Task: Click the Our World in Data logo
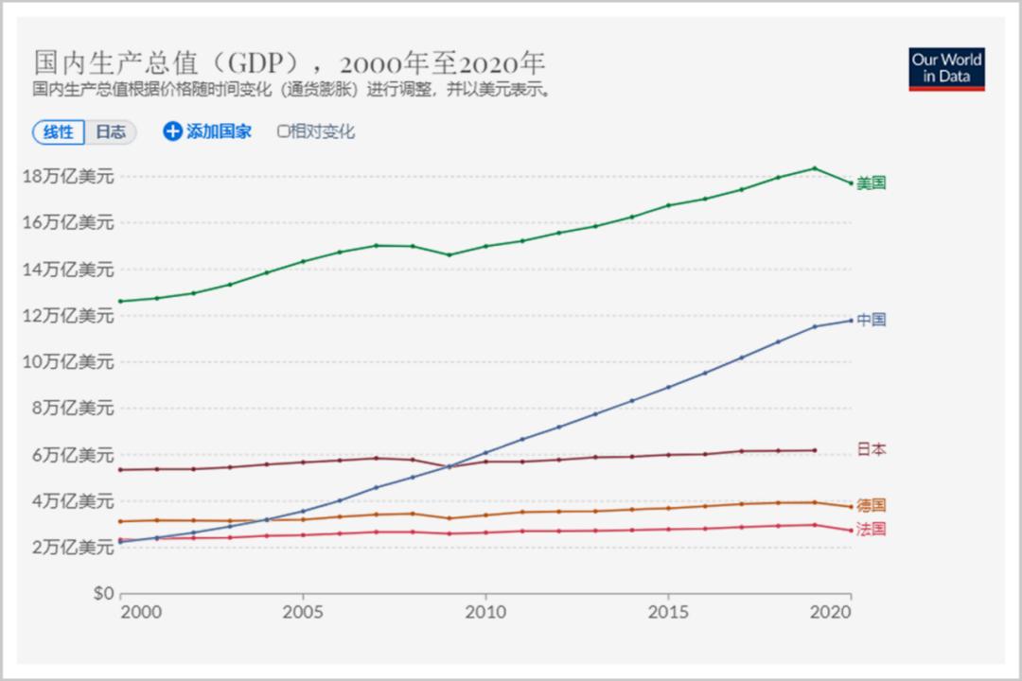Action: pos(946,68)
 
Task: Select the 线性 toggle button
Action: pos(59,132)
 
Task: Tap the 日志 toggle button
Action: pos(111,132)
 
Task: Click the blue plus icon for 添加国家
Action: pos(172,131)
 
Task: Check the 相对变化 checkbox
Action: pos(283,131)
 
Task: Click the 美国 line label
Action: pos(872,183)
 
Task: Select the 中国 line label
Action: pos(872,320)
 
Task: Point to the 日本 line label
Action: pos(872,450)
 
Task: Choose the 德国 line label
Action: pos(872,506)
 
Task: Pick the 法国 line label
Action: pos(872,530)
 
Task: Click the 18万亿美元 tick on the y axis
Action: pos(68,177)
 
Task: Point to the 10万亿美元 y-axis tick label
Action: pos(68,362)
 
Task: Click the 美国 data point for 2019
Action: pos(815,168)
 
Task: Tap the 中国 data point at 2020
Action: pos(851,321)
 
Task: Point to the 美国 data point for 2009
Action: pos(449,254)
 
